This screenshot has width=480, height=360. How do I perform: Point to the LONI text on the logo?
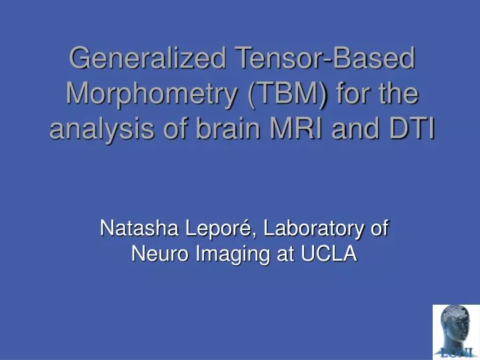[x=456, y=351]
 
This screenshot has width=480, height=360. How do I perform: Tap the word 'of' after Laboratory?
[x=379, y=229]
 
